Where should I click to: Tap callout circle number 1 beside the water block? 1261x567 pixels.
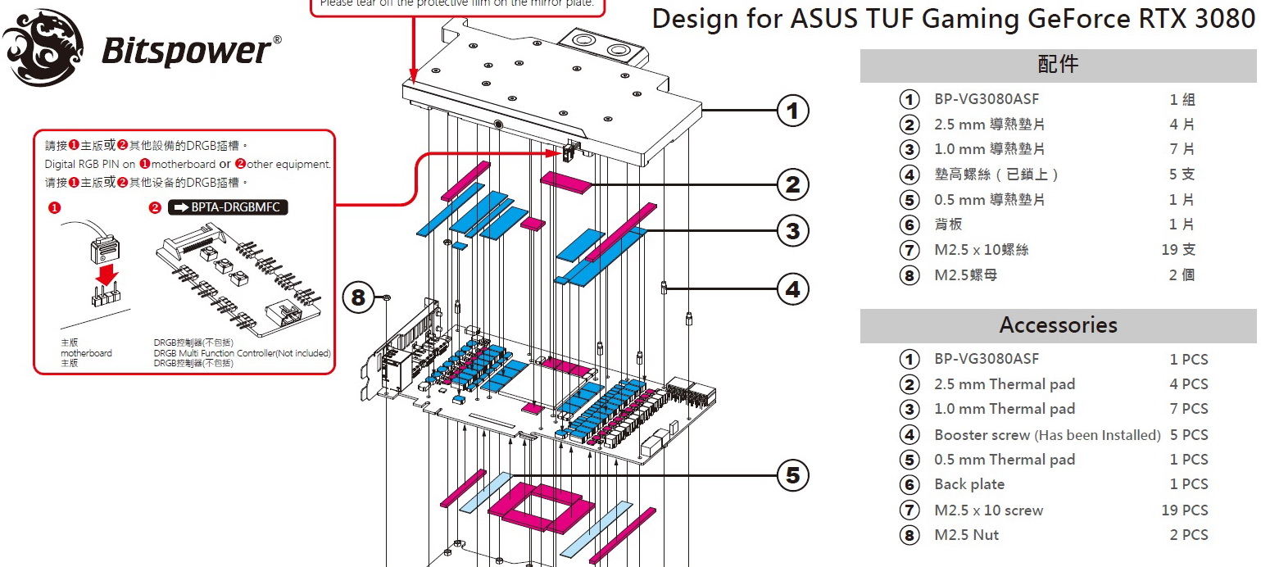[792, 111]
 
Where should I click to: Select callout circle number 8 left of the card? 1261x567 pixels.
[358, 297]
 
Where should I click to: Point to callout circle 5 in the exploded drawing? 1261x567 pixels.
[792, 475]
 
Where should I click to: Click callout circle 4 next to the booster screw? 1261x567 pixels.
[792, 288]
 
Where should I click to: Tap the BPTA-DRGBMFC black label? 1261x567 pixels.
[228, 207]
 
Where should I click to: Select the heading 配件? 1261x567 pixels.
[1058, 65]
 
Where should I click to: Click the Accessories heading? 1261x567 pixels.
[1058, 325]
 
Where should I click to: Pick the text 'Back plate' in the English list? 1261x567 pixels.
[969, 484]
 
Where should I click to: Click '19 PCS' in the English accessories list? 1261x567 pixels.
[1184, 510]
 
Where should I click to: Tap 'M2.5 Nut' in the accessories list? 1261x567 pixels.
[967, 535]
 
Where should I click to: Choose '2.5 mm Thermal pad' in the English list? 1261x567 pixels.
[1005, 384]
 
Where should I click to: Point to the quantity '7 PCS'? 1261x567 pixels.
[1188, 409]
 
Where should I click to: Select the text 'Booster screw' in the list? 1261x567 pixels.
[982, 435]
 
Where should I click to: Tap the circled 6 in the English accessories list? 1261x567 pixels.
[909, 485]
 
